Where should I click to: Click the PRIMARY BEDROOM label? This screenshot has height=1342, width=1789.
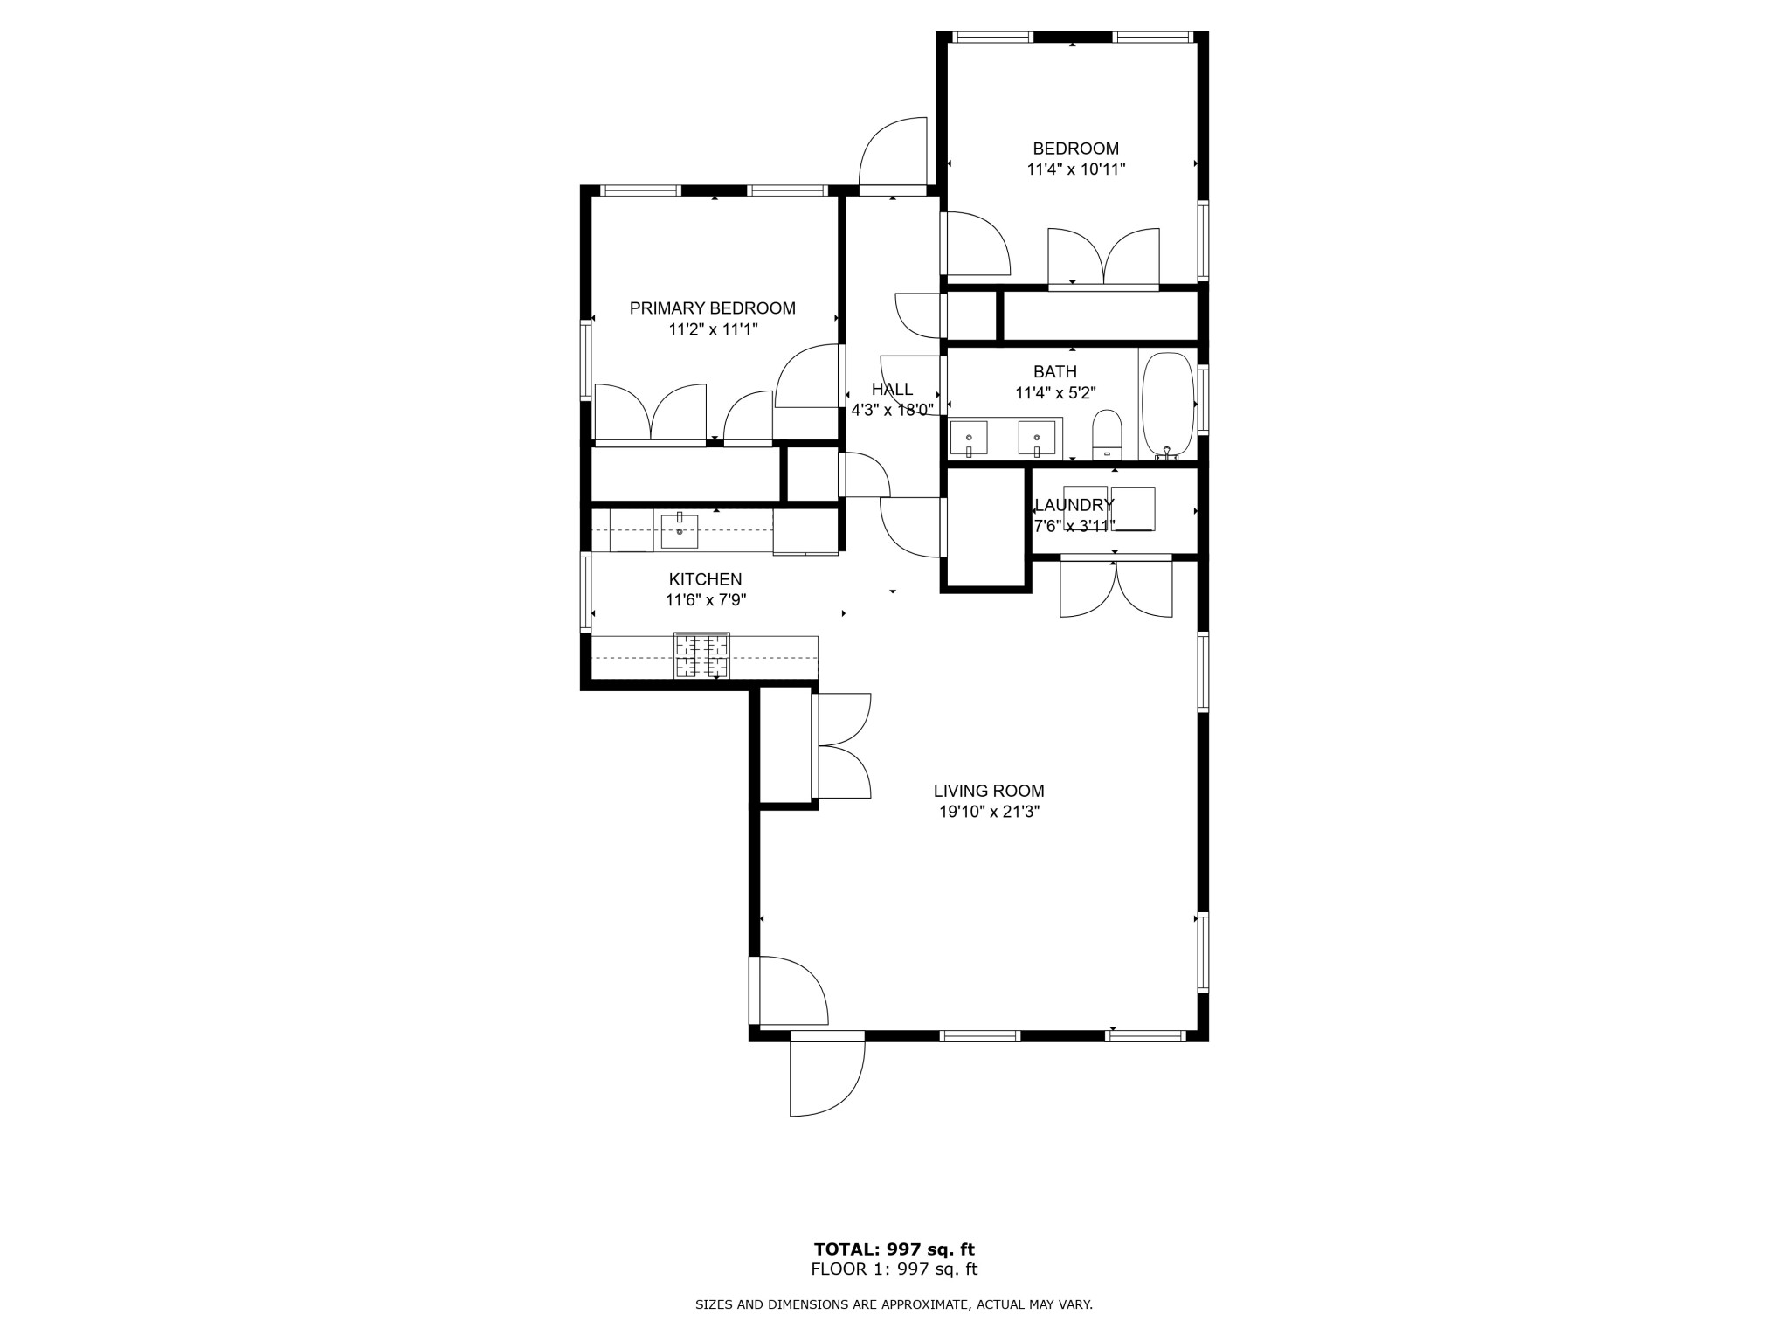[x=712, y=308]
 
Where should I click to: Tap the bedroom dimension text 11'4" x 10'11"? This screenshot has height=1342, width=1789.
[x=1075, y=169]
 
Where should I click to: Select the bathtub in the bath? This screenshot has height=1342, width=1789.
[x=1167, y=405]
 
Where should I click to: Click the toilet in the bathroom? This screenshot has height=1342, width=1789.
[x=1107, y=433]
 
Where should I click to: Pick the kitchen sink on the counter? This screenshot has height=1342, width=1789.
[x=679, y=530]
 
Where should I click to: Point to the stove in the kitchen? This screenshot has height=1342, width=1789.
[x=701, y=655]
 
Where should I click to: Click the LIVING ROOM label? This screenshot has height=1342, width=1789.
[x=988, y=791]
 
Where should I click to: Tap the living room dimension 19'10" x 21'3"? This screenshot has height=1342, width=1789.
[x=988, y=812]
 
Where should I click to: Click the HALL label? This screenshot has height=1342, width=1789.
[x=892, y=390]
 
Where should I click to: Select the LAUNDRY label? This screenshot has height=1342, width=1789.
[x=1074, y=505]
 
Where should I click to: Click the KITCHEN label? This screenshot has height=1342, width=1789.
[x=705, y=579]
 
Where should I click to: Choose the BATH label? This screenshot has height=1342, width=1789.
[x=1054, y=372]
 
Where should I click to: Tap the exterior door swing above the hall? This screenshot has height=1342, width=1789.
[x=893, y=152]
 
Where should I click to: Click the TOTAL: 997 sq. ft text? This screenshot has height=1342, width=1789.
[x=894, y=1249]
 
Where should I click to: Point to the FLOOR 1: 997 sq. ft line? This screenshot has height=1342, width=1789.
[x=894, y=1269]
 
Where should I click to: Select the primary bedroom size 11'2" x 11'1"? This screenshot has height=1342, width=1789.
[x=712, y=329]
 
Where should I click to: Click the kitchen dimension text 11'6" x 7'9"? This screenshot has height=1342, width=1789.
[x=705, y=600]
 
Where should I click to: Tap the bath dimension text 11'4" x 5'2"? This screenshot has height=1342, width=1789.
[x=1054, y=393]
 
